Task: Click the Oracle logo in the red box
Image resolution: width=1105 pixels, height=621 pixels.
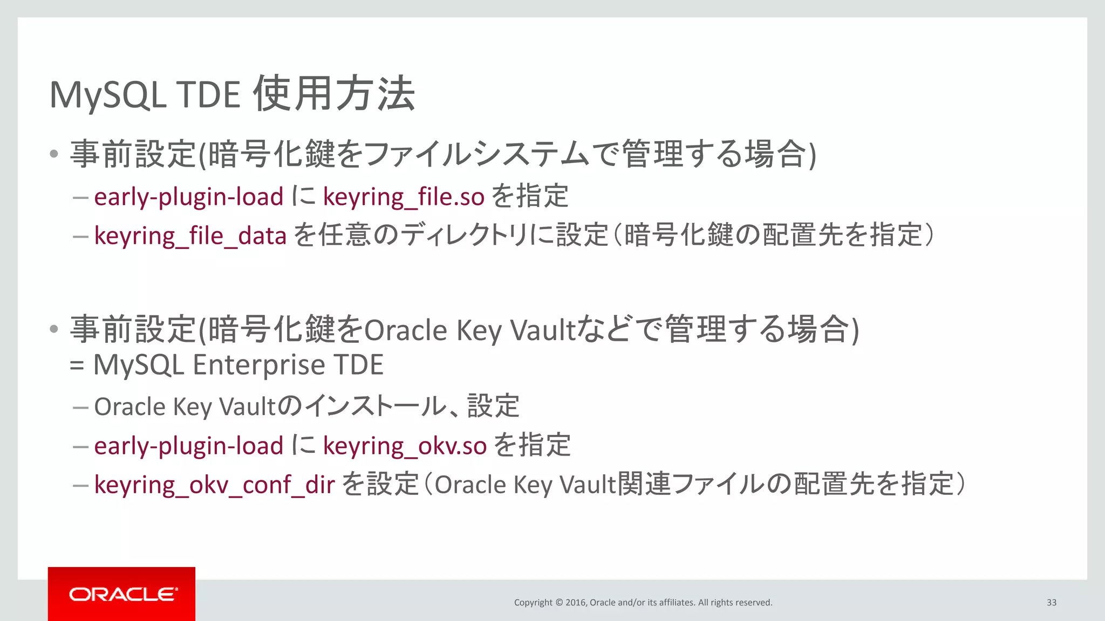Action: coord(122,594)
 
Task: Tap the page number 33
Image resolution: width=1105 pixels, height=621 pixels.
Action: coord(1051,603)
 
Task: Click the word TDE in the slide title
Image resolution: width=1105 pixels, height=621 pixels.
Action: coord(209,95)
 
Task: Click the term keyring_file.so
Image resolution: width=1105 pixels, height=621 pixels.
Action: coord(404,197)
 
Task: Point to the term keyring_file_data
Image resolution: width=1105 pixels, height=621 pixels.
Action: coord(190,236)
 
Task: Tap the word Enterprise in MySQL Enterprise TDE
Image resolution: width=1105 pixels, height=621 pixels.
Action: coord(259,365)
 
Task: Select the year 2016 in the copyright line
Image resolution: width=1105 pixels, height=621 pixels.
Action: coord(576,603)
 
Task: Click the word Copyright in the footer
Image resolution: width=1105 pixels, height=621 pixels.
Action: coord(533,603)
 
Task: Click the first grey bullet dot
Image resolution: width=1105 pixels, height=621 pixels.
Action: coord(53,154)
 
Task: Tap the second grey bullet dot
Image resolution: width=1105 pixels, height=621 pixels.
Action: coord(53,329)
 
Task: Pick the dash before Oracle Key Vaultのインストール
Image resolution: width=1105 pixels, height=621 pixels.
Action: coord(80,408)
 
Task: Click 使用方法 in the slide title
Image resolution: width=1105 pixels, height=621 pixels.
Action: coord(335,94)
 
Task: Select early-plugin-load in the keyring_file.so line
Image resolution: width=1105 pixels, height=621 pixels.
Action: coord(188,197)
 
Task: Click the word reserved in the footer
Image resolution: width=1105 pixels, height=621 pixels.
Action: coord(754,603)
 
